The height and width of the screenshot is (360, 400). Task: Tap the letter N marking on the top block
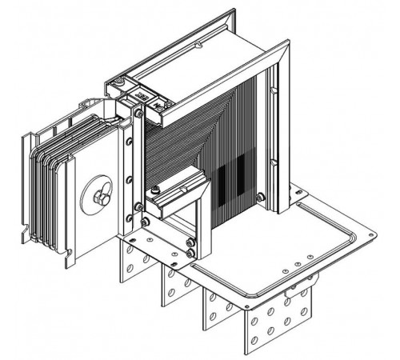point(157,100)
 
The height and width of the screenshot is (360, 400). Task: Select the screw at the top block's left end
point(118,82)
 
